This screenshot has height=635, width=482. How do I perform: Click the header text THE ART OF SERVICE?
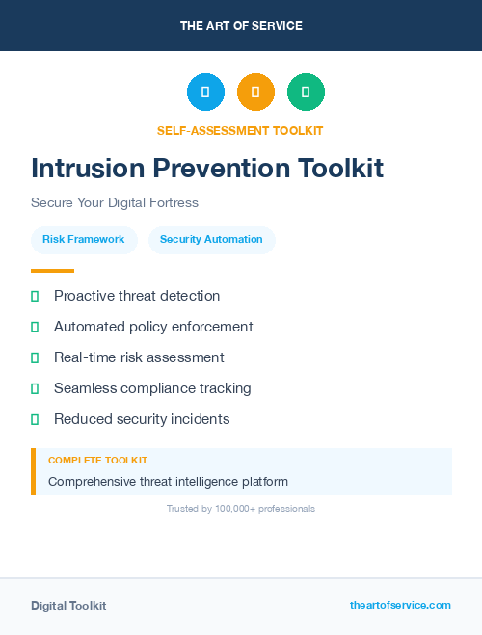(241, 26)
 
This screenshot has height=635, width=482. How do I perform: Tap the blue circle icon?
(205, 92)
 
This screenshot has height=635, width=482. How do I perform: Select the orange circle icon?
(255, 92)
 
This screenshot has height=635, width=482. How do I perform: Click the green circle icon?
(306, 92)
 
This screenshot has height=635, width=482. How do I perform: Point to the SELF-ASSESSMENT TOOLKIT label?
(240, 130)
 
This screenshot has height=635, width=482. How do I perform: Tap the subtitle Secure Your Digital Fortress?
(114, 203)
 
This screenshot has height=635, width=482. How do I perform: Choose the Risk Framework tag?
(83, 240)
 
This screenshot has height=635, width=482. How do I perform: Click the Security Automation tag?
(211, 240)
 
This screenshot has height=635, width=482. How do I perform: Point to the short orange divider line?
(52, 271)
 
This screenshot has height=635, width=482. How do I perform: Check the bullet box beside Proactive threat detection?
(35, 297)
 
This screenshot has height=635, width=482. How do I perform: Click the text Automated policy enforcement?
(153, 327)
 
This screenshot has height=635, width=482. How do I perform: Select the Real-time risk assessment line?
(139, 357)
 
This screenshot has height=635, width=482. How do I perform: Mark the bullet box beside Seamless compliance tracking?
(35, 388)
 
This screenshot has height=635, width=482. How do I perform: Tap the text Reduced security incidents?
(142, 419)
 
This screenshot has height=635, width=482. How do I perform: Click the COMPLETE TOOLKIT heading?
(97, 461)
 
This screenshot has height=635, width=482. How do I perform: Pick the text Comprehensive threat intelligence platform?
(168, 482)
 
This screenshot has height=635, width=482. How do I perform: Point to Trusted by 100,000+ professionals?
(241, 508)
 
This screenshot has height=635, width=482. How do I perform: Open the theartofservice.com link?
(400, 605)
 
